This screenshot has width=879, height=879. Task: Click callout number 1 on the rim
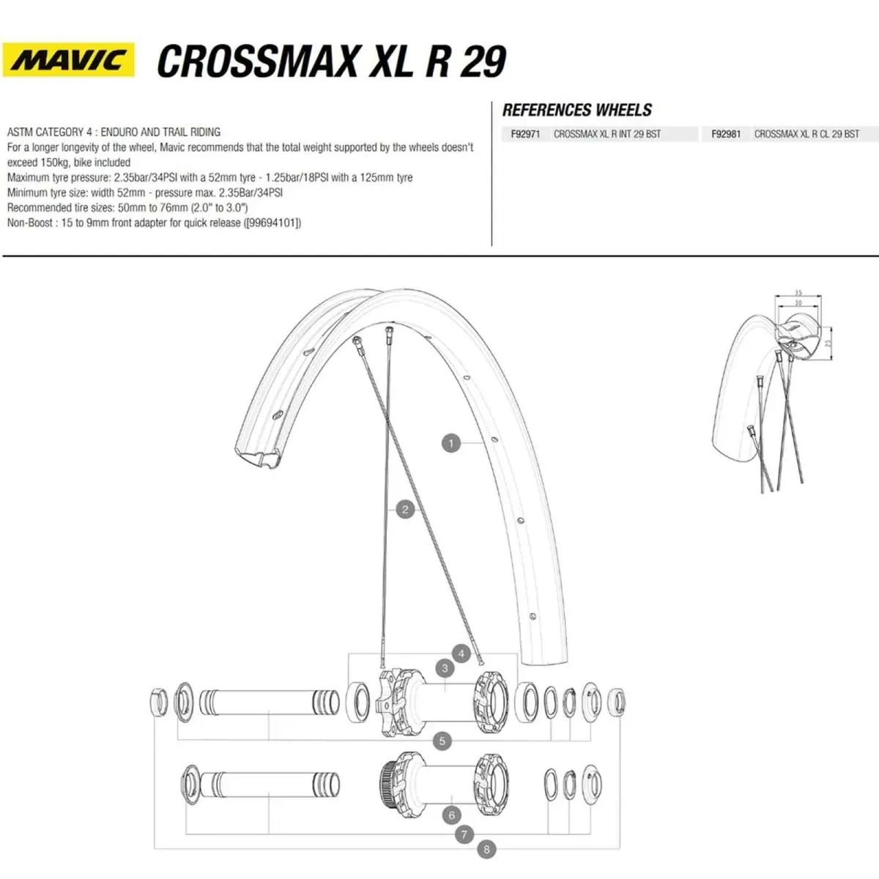[x=451, y=443]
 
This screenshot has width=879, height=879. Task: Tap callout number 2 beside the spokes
[x=405, y=510]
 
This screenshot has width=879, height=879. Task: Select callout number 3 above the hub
[x=445, y=668]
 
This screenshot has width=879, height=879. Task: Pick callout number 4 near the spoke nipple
[x=461, y=653]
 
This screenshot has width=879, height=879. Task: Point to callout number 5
[x=442, y=741]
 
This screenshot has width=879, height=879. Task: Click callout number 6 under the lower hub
[x=451, y=815]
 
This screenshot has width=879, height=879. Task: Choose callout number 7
[x=464, y=834]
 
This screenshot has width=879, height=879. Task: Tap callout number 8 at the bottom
[x=486, y=850]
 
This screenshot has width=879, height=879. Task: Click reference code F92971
[x=525, y=134]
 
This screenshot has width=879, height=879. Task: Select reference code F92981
[x=726, y=134]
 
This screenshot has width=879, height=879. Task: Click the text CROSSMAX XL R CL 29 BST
[x=806, y=134]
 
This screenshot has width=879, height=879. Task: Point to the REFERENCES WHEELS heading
[x=576, y=111]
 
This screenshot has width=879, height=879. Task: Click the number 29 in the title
[x=483, y=61]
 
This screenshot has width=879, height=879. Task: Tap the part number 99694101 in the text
[x=272, y=223]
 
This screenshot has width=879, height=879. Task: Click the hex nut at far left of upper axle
[x=158, y=702]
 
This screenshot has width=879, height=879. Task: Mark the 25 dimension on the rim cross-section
[x=827, y=342]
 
